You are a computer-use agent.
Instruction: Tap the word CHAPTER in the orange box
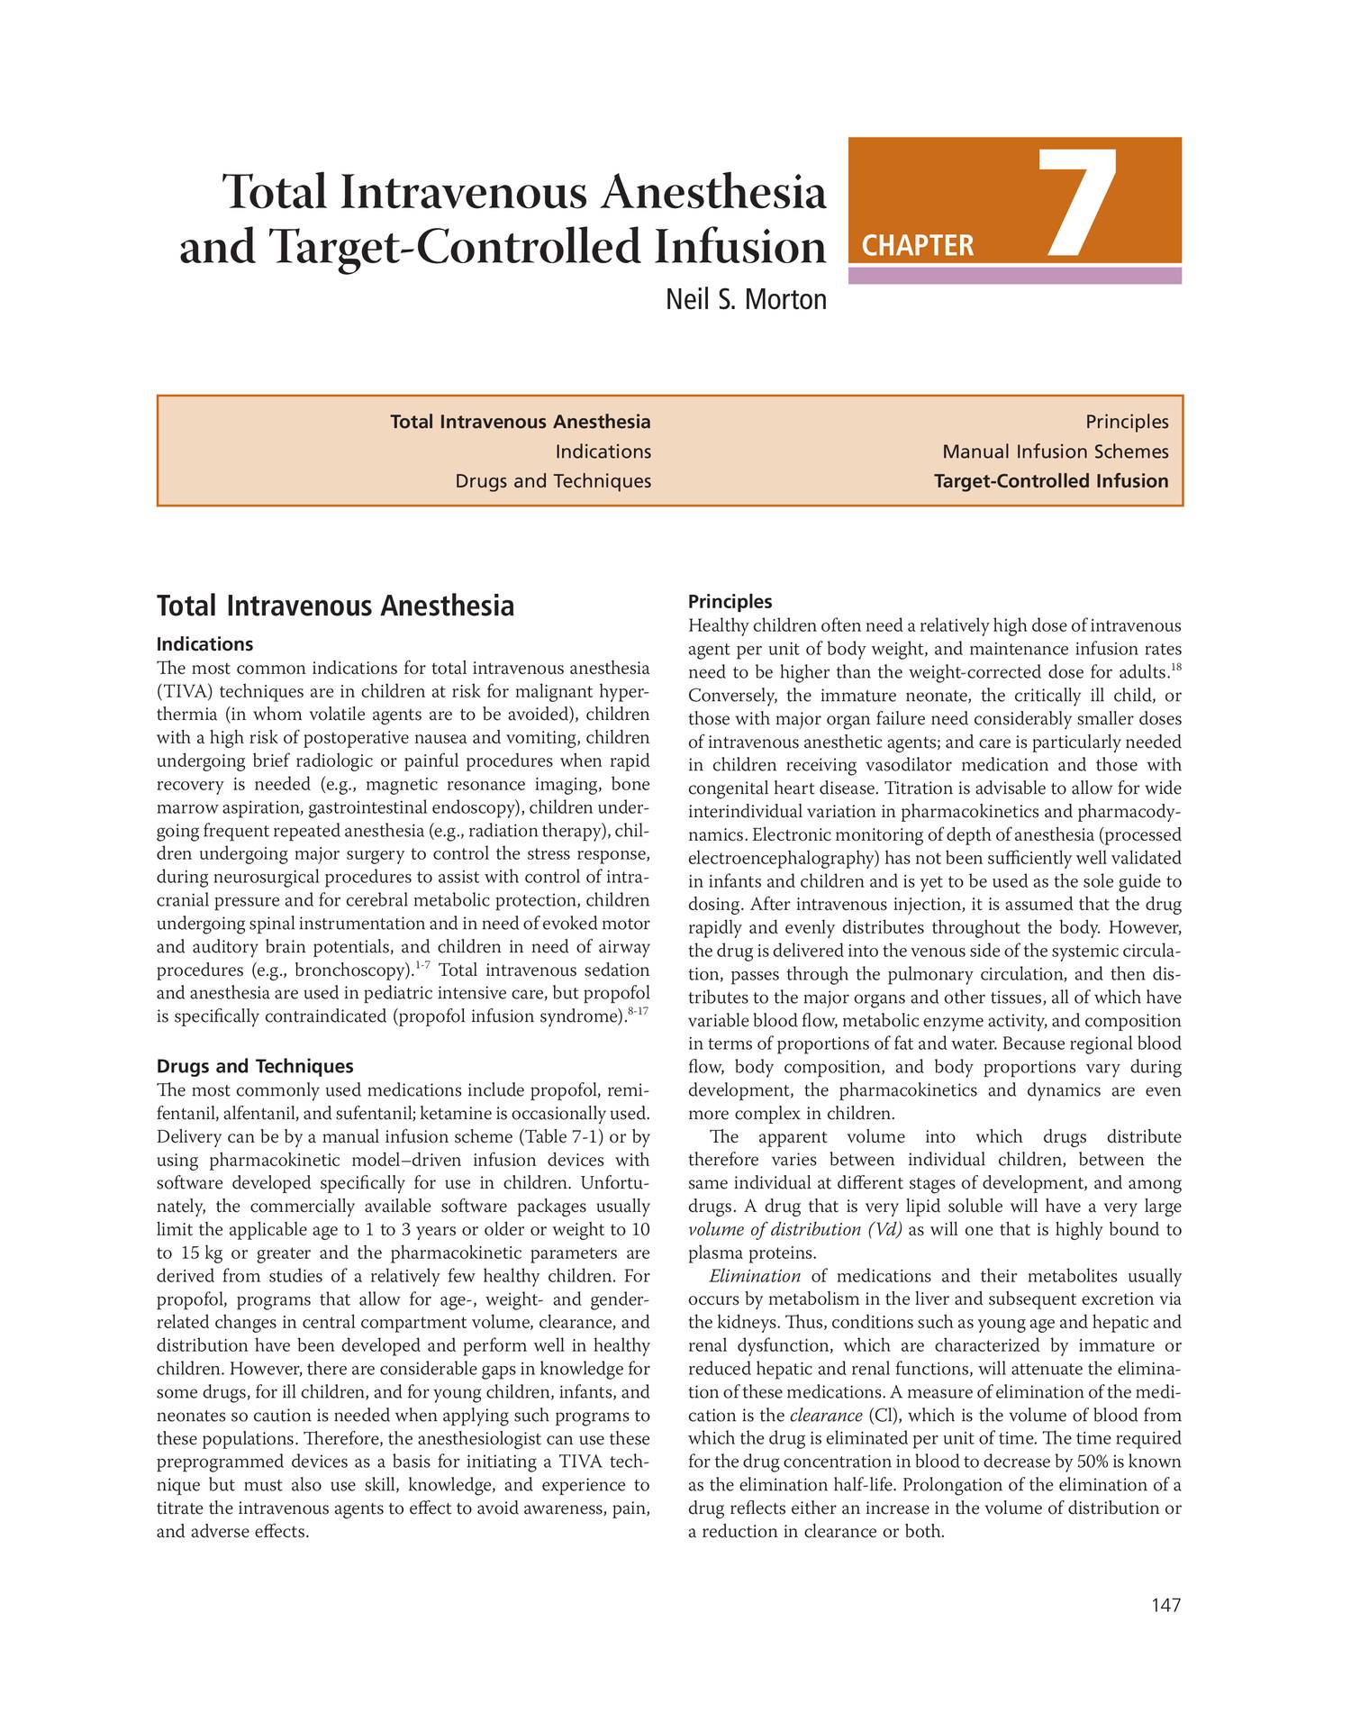[918, 246]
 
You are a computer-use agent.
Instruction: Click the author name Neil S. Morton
[745, 299]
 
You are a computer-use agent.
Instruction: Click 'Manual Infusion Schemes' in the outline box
[1055, 451]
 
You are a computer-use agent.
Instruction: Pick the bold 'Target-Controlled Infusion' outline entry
[1050, 481]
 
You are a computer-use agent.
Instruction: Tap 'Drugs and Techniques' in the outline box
[552, 481]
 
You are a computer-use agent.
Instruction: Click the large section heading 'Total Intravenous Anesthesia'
[335, 606]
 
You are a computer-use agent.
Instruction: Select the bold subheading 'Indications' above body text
[204, 644]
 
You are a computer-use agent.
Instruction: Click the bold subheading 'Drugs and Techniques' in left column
[255, 1066]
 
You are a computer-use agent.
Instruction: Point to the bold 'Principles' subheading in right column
[730, 601]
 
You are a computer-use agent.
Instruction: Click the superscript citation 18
[1175, 668]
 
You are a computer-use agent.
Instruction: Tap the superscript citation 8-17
[638, 1012]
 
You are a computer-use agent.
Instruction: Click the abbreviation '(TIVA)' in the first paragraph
[185, 692]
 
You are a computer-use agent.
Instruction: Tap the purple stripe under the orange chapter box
[1014, 276]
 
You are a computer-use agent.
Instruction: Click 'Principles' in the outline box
[1126, 422]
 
